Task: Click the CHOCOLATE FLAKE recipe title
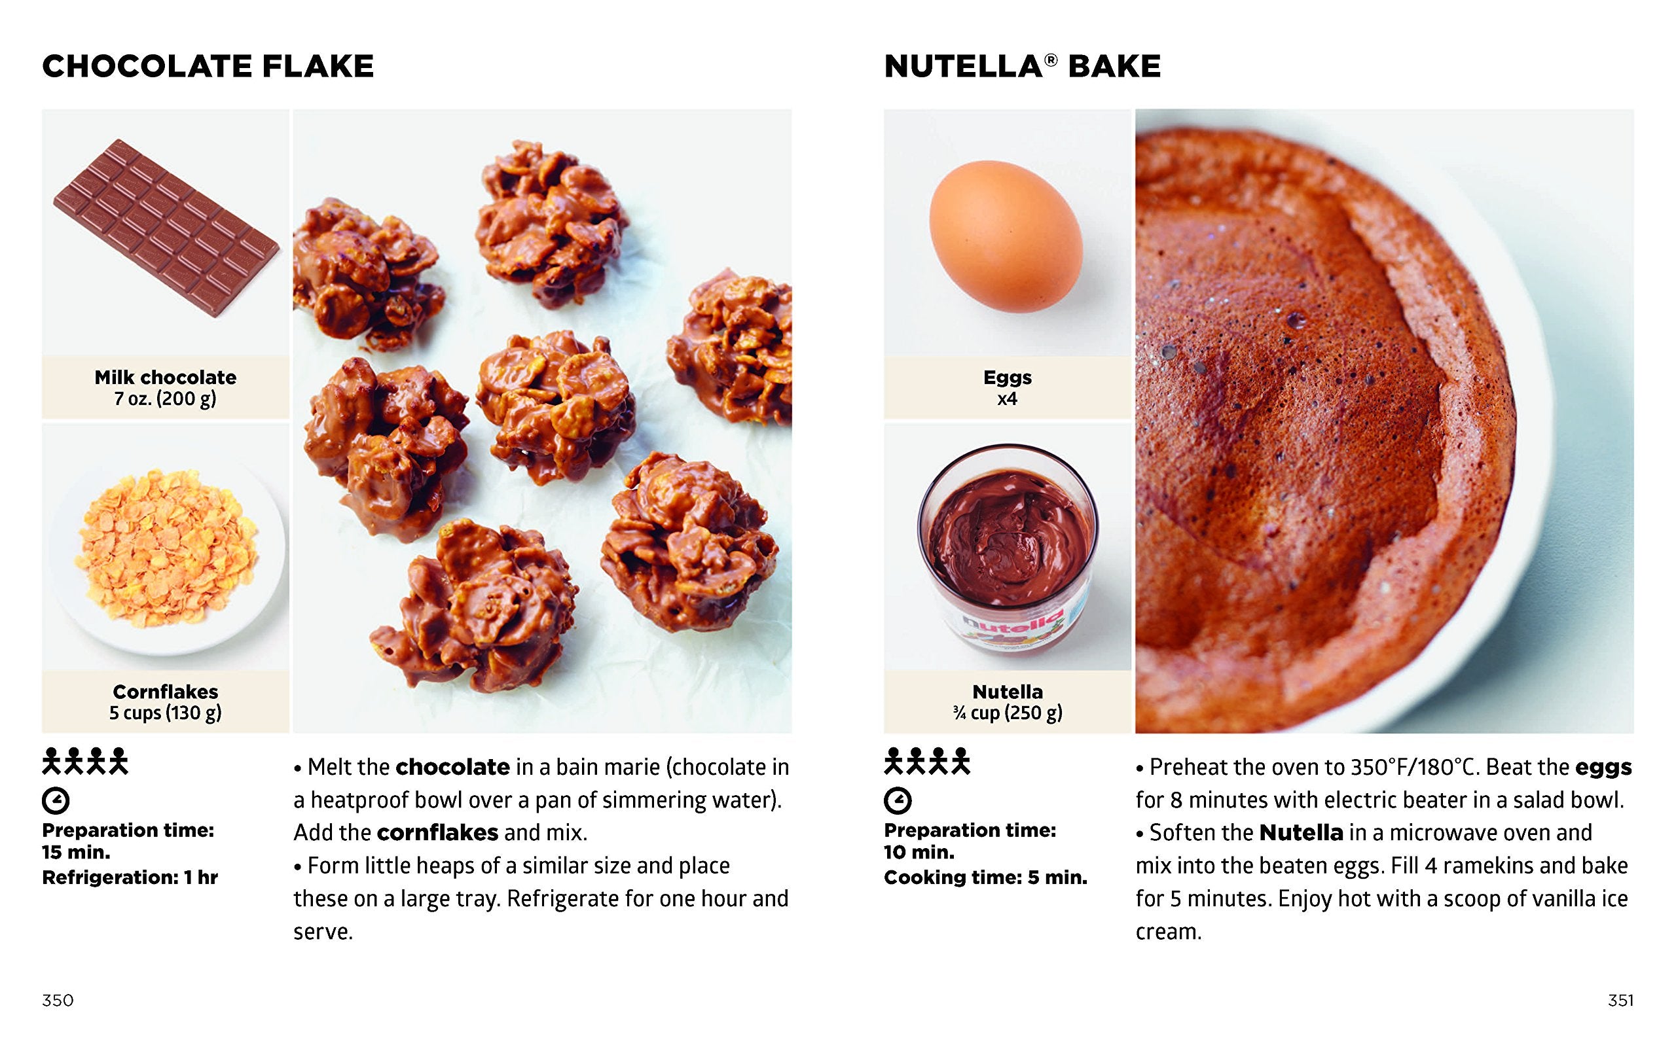(208, 67)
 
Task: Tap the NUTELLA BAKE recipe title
(1022, 67)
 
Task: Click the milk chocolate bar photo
(166, 227)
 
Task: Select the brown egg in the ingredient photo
(1006, 236)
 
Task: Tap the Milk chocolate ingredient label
(166, 378)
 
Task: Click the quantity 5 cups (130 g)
(166, 713)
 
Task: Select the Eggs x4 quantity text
(1007, 399)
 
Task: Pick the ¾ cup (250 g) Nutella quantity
(1008, 713)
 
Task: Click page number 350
(58, 1000)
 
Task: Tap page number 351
(1620, 1000)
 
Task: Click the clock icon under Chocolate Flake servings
(56, 800)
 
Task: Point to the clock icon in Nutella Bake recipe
(898, 800)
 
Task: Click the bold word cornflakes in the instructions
(438, 832)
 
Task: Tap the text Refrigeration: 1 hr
(130, 878)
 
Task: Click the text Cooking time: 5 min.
(985, 878)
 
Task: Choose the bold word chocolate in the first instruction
(453, 766)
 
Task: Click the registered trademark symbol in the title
(1051, 60)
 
